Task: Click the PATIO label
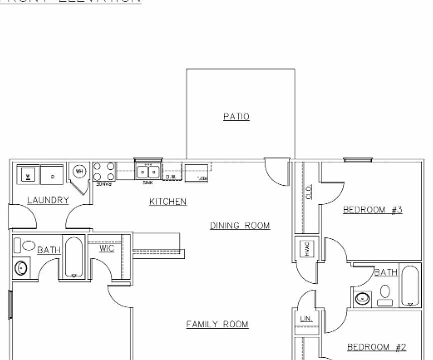click(236, 117)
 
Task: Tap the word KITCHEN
click(168, 202)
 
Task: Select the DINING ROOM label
click(240, 226)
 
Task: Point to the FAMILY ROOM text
click(217, 324)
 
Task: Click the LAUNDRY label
click(48, 200)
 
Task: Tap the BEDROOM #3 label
click(372, 210)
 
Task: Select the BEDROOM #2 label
click(377, 347)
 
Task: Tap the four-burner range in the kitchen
click(104, 171)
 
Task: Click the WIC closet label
click(106, 248)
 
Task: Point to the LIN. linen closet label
click(306, 319)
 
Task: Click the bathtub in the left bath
click(74, 257)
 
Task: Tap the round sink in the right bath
click(362, 299)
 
